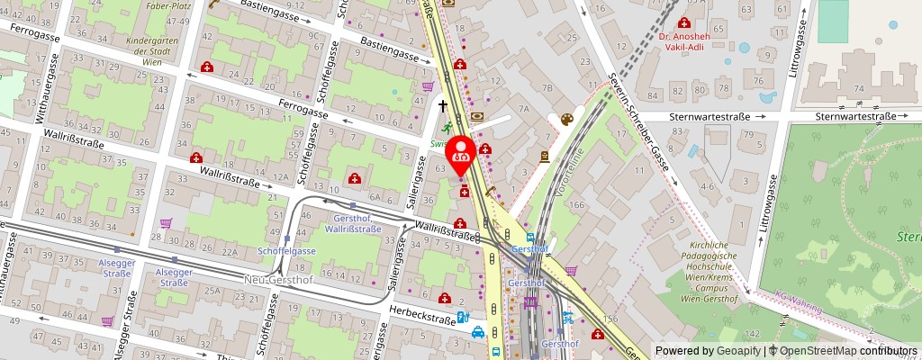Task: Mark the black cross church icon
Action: pyautogui.click(x=442, y=105)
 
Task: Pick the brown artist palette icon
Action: pyautogui.click(x=566, y=119)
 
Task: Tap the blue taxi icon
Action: pyautogui.click(x=479, y=331)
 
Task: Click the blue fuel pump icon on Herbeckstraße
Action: pyautogui.click(x=462, y=317)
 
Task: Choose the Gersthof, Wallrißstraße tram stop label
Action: pyautogui.click(x=352, y=225)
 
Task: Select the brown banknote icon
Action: pyautogui.click(x=476, y=115)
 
